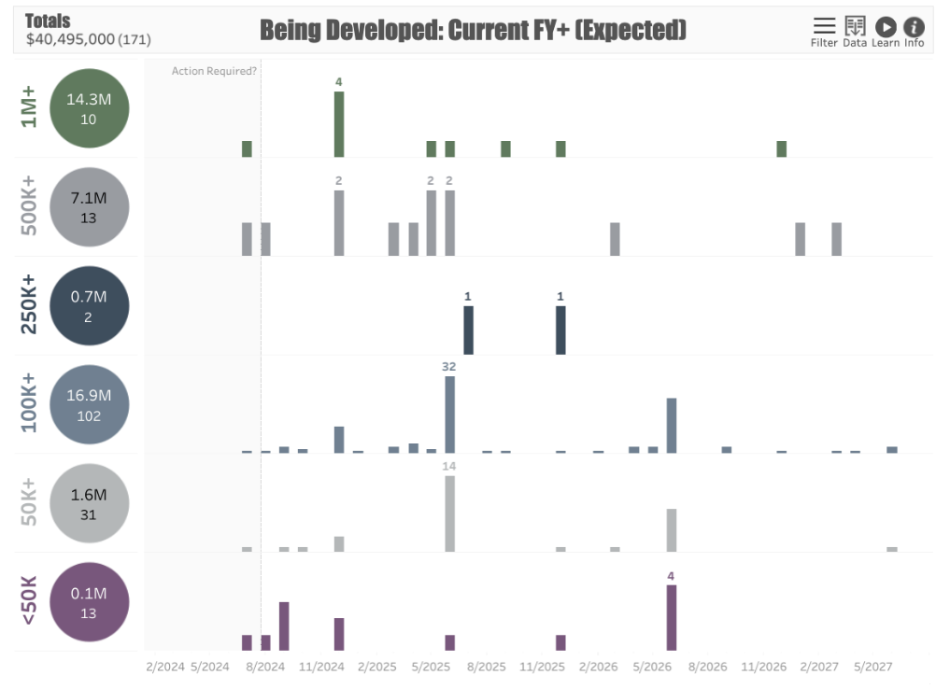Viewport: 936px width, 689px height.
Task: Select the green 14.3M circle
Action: pyautogui.click(x=89, y=108)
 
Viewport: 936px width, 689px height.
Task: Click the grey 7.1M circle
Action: pyautogui.click(x=89, y=206)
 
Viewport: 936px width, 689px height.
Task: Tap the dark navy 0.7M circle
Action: pyautogui.click(x=89, y=305)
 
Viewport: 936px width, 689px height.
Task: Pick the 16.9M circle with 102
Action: pyautogui.click(x=89, y=404)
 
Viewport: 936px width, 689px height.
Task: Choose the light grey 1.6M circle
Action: pyautogui.click(x=89, y=503)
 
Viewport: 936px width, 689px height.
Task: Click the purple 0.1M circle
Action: pyautogui.click(x=89, y=602)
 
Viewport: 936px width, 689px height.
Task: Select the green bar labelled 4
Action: pyautogui.click(x=339, y=124)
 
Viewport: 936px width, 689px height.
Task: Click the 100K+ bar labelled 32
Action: pyautogui.click(x=449, y=415)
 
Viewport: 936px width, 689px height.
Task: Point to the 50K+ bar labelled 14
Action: pyautogui.click(x=449, y=513)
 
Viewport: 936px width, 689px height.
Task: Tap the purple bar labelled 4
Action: pyautogui.click(x=671, y=617)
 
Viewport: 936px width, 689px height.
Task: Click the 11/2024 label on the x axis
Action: pyautogui.click(x=320, y=668)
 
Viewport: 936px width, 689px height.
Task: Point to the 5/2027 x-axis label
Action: pyautogui.click(x=872, y=668)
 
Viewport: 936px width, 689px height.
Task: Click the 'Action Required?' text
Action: pyautogui.click(x=214, y=71)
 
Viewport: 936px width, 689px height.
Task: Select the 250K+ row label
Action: pyautogui.click(x=29, y=305)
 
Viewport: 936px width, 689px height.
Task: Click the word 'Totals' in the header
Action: pyautogui.click(x=48, y=21)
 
